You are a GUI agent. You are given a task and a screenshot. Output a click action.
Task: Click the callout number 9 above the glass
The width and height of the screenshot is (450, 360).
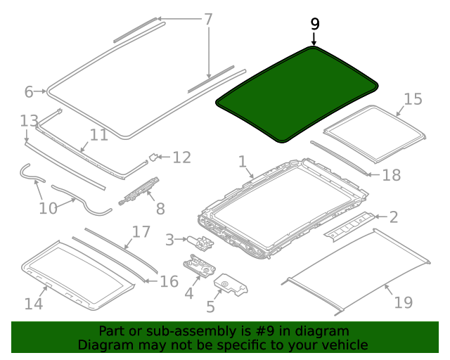314,24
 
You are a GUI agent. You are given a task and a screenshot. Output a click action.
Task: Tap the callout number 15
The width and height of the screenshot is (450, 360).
413,99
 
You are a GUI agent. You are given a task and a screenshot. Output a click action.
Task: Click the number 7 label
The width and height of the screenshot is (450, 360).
208,19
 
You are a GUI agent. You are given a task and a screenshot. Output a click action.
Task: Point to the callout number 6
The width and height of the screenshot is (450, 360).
29,91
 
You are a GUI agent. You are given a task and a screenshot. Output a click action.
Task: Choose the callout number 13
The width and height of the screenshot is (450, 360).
29,120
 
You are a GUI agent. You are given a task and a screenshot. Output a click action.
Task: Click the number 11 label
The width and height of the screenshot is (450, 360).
98,134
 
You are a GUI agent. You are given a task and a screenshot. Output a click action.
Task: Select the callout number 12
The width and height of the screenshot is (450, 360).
181,157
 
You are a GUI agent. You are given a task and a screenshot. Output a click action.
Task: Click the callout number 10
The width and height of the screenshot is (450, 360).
48,208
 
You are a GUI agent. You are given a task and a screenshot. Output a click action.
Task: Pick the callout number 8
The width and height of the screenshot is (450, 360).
160,208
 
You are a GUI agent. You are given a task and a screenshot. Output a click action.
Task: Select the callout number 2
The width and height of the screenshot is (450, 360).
393,217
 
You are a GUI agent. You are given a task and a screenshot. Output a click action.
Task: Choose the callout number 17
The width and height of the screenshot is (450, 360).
141,231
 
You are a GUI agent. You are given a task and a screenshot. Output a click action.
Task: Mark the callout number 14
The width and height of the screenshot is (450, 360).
34,303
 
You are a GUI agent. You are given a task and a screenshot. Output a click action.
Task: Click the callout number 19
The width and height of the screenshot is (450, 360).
403,302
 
